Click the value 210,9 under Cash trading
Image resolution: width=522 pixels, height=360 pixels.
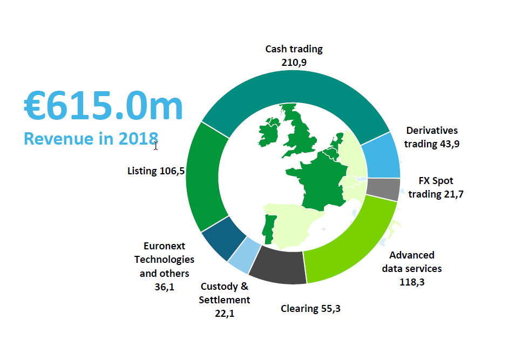[294, 62]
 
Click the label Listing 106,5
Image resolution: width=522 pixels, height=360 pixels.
[156, 171]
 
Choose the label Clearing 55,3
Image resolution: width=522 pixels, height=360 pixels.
[310, 309]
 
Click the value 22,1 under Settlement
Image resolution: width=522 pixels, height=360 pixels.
[225, 313]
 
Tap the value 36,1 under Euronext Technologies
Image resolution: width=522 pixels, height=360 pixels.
[164, 287]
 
